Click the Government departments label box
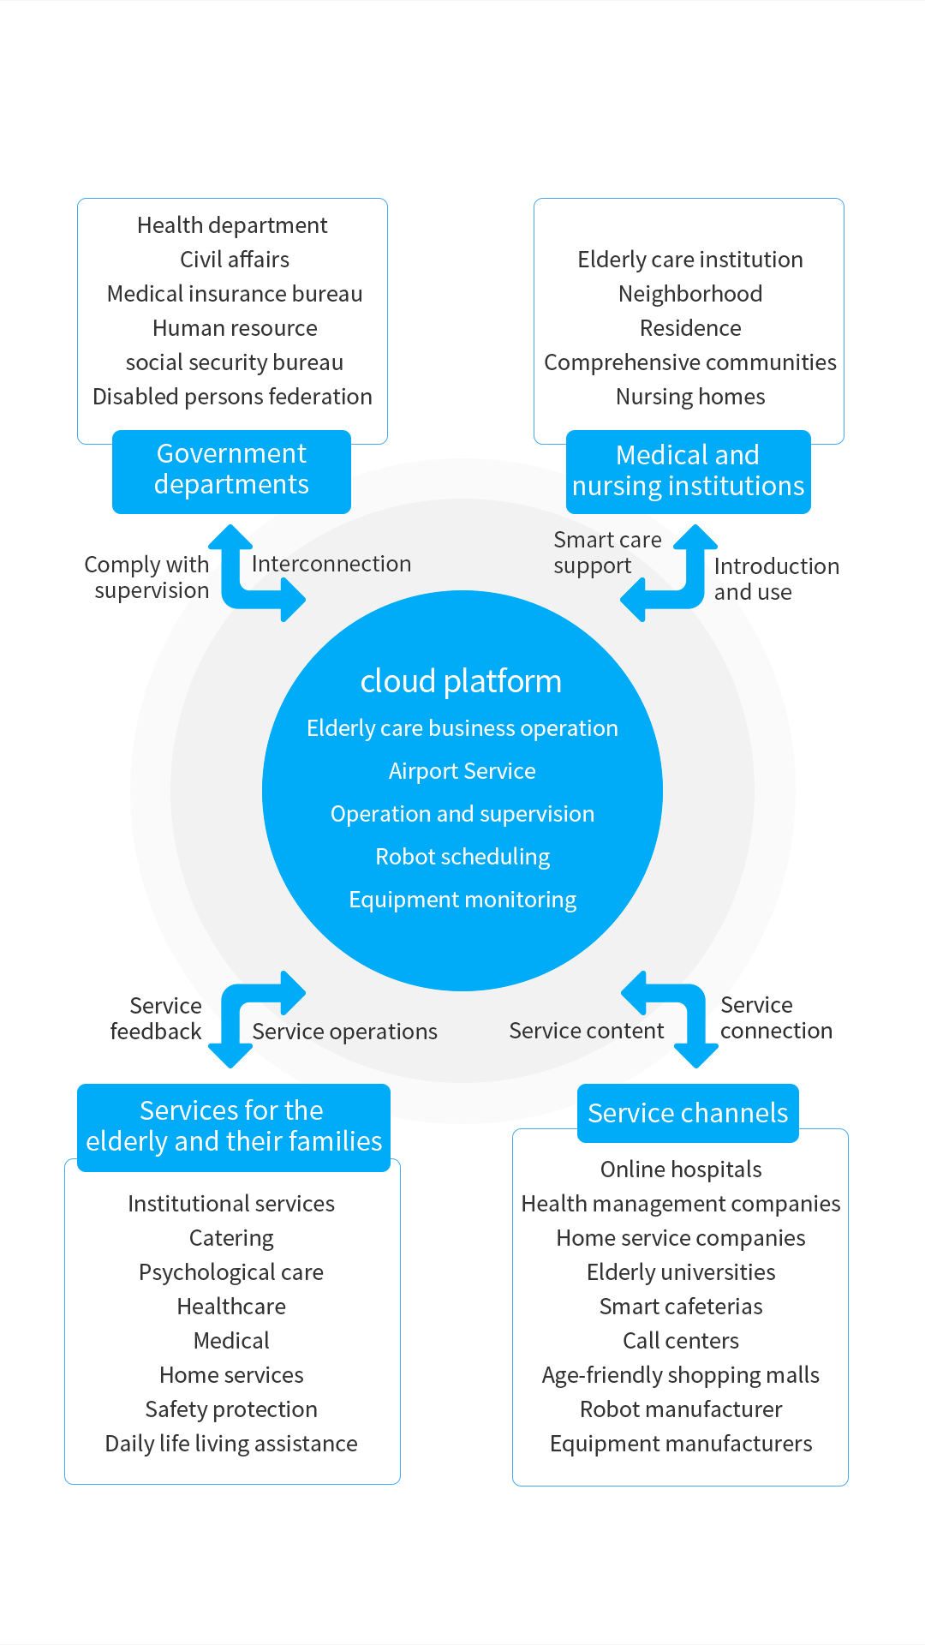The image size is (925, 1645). (x=231, y=470)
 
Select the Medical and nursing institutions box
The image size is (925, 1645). (x=688, y=471)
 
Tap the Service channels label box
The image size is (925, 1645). (x=688, y=1113)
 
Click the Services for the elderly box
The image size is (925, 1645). (x=233, y=1127)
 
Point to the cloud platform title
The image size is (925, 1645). (x=461, y=682)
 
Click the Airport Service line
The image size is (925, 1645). (x=462, y=771)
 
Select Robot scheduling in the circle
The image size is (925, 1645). (x=462, y=857)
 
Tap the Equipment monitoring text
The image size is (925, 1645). (x=462, y=900)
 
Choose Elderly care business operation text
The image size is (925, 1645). (x=462, y=728)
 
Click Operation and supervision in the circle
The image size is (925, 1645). (x=462, y=814)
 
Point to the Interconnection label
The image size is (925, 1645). (x=331, y=564)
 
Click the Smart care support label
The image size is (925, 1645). (x=606, y=553)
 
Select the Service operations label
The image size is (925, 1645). (x=344, y=1032)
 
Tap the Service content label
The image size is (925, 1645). (x=587, y=1031)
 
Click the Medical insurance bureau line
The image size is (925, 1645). (x=234, y=294)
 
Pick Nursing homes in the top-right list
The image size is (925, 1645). (x=690, y=397)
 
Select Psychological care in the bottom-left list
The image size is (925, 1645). (x=231, y=1272)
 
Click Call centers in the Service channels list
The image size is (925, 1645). (x=681, y=1341)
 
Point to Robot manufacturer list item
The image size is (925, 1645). (x=681, y=1409)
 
